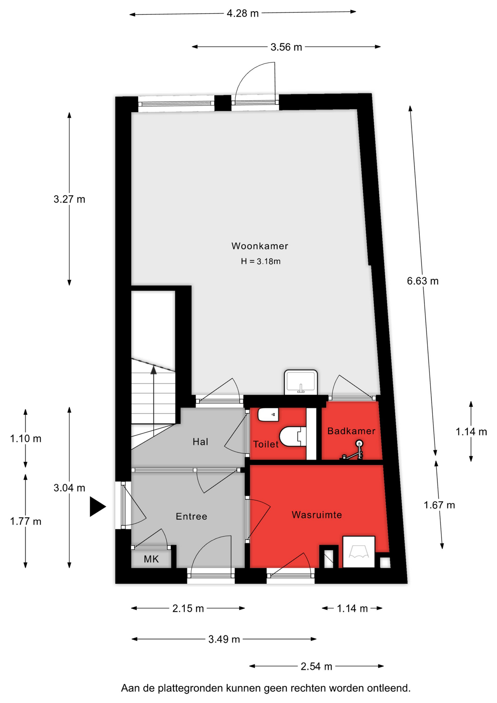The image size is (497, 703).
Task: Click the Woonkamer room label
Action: (x=259, y=246)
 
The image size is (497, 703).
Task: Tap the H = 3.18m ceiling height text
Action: (x=261, y=261)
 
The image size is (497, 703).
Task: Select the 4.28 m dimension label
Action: (x=243, y=14)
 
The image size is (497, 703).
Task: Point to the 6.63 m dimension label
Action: (x=423, y=281)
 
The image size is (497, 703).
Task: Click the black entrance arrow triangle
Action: (x=98, y=507)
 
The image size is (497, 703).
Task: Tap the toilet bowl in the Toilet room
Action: (x=293, y=436)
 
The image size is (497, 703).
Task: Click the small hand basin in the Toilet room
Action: (x=268, y=415)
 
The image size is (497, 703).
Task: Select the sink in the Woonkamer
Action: (x=301, y=382)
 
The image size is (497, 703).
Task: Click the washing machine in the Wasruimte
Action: (x=359, y=552)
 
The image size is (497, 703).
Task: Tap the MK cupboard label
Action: (x=151, y=559)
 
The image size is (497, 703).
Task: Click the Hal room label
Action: (x=200, y=442)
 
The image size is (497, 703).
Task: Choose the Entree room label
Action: (x=191, y=516)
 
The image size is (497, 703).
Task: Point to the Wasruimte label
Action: (x=317, y=515)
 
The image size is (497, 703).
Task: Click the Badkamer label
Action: (x=351, y=431)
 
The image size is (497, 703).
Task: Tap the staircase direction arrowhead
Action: (x=154, y=370)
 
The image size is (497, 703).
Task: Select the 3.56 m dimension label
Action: (x=286, y=47)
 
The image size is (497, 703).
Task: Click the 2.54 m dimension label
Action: (x=317, y=666)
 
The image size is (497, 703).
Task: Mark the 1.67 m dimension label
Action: (x=439, y=505)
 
